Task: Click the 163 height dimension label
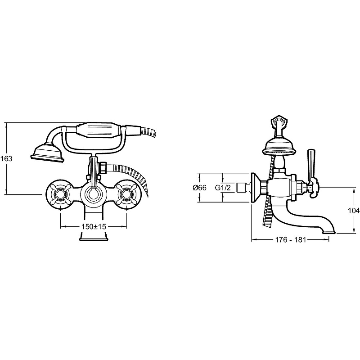point(6,158)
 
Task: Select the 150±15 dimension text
point(94,226)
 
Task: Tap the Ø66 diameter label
point(199,188)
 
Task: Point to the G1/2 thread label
point(222,188)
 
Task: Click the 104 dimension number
point(354,210)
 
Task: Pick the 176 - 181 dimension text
point(291,240)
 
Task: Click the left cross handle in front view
point(60,194)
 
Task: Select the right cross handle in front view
point(126,194)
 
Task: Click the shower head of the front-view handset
point(47,153)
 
